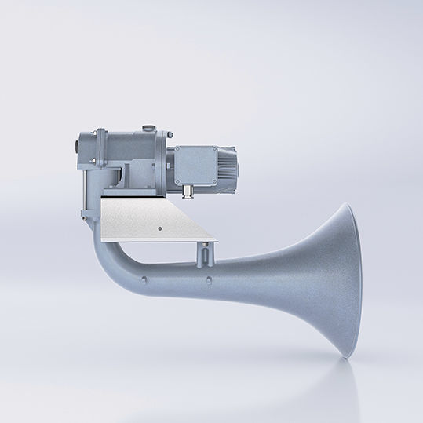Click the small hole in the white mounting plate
pyautogui.click(x=159, y=228)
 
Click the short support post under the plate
pyautogui.click(x=206, y=253)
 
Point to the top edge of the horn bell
pyautogui.click(x=346, y=206)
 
